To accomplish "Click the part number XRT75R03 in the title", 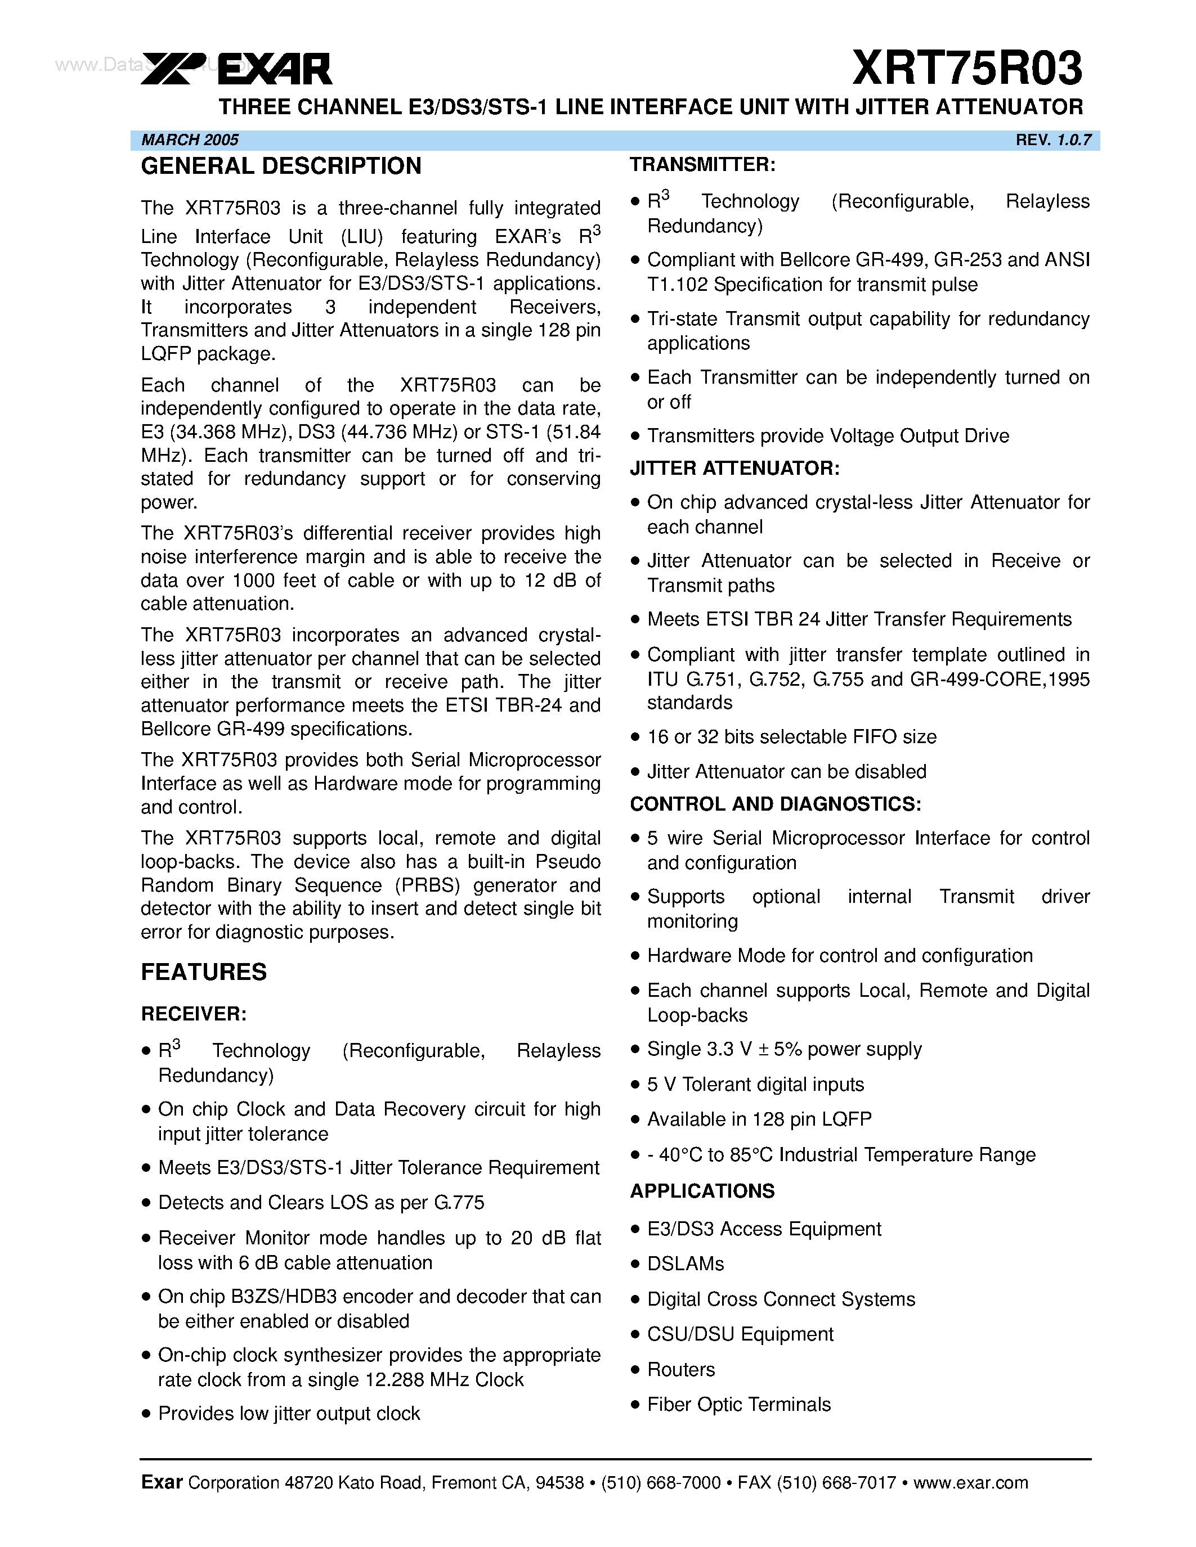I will (966, 69).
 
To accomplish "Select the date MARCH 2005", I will (190, 140).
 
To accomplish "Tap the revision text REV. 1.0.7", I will (1053, 140).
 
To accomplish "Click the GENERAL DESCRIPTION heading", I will (281, 167).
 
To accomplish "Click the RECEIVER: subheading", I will (194, 1014).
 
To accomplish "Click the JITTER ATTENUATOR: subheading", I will (734, 468).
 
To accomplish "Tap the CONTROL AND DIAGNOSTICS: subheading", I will (775, 804).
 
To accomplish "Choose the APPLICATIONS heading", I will (702, 1191).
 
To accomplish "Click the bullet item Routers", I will (681, 1369).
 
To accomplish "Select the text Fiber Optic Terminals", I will (738, 1405).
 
